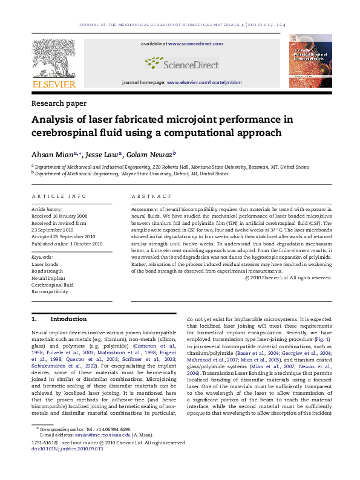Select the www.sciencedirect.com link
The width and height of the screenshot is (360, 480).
[x=195, y=44]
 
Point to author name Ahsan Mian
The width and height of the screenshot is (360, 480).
[x=53, y=154]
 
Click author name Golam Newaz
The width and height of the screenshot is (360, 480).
[x=149, y=154]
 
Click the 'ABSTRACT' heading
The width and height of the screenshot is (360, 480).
[x=148, y=196]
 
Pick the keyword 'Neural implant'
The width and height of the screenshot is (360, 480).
[x=48, y=277]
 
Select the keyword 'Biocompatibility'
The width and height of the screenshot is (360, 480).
[x=50, y=291]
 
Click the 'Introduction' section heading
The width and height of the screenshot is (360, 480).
[x=68, y=319]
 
